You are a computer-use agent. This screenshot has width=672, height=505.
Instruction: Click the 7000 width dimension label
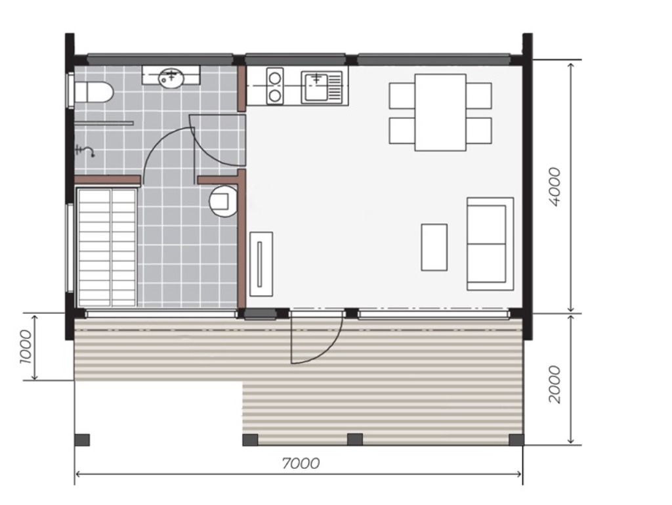coord(301,464)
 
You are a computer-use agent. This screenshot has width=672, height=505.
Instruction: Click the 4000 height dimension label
coord(555,187)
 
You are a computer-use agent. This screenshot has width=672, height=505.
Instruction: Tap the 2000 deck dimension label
coord(555,384)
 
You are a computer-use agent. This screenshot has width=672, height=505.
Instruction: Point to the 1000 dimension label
coord(26,347)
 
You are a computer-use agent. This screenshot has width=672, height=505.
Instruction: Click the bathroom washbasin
coord(171,77)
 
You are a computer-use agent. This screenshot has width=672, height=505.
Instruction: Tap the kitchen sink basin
coord(316,87)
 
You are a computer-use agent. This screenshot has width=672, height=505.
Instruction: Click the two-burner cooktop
coord(275,86)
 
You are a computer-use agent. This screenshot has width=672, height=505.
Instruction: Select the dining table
coord(440,112)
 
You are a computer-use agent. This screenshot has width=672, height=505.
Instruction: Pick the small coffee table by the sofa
coord(434,248)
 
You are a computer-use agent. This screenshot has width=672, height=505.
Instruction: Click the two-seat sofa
coord(490,244)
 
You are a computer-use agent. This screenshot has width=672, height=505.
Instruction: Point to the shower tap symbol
coord(85,150)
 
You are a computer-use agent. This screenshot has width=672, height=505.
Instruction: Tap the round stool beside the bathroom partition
coord(223,201)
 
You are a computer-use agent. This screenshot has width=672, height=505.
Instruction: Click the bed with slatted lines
coord(107,248)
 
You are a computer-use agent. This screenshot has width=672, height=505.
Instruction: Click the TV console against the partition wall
coord(261,264)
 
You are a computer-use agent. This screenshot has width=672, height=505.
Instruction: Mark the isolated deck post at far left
coord(82,440)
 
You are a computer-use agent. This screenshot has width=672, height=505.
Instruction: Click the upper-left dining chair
coord(402,96)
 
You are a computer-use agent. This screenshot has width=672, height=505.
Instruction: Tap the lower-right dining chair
coord(478,131)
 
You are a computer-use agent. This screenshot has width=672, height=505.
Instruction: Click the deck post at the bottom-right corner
coord(516,440)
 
